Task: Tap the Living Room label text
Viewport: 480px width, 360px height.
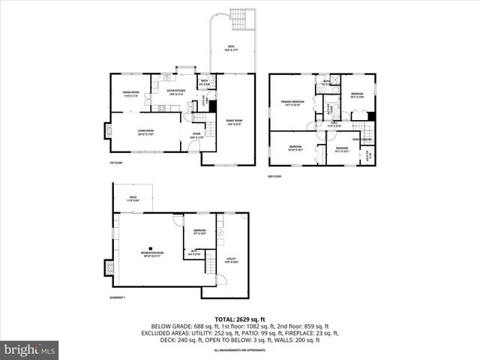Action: pyautogui.click(x=145, y=133)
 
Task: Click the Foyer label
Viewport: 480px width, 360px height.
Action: pyautogui.click(x=196, y=136)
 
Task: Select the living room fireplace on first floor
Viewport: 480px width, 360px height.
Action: pyautogui.click(x=107, y=132)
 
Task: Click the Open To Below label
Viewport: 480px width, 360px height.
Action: pyautogui.click(x=363, y=139)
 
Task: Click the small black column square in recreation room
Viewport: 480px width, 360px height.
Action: pyautogui.click(x=150, y=249)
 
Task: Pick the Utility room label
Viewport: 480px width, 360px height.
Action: pyautogui.click(x=232, y=260)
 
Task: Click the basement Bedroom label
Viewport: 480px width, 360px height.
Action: pyautogui.click(x=199, y=232)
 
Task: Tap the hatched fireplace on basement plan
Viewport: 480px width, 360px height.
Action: pyautogui.click(x=109, y=267)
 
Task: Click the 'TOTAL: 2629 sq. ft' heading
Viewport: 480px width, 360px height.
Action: pyautogui.click(x=239, y=319)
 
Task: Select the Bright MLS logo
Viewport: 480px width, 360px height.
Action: pyautogui.click(x=30, y=349)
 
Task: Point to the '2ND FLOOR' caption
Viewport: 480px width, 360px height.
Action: pyautogui.click(x=275, y=176)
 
